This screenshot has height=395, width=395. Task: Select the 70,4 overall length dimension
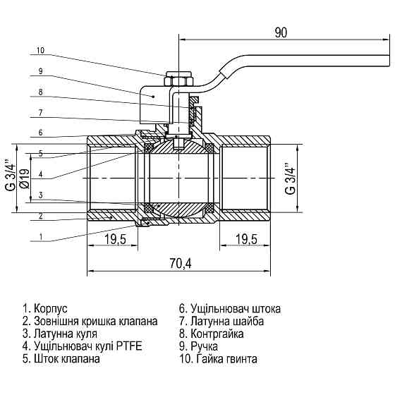pos(181,263)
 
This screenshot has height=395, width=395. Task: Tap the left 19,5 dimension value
pos(115,240)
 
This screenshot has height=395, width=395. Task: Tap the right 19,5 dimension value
pos(245,240)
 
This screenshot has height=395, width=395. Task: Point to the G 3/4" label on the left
pos(9,176)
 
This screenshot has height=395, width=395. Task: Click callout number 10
pos(40,51)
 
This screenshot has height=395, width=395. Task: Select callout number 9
pos(41,71)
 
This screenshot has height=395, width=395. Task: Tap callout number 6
pos(41,133)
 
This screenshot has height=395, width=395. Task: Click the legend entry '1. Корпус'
pos(45,309)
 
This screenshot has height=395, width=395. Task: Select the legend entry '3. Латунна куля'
pos(60,334)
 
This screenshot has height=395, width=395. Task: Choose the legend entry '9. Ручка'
pos(200,346)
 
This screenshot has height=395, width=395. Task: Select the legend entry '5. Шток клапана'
pos(61,359)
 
